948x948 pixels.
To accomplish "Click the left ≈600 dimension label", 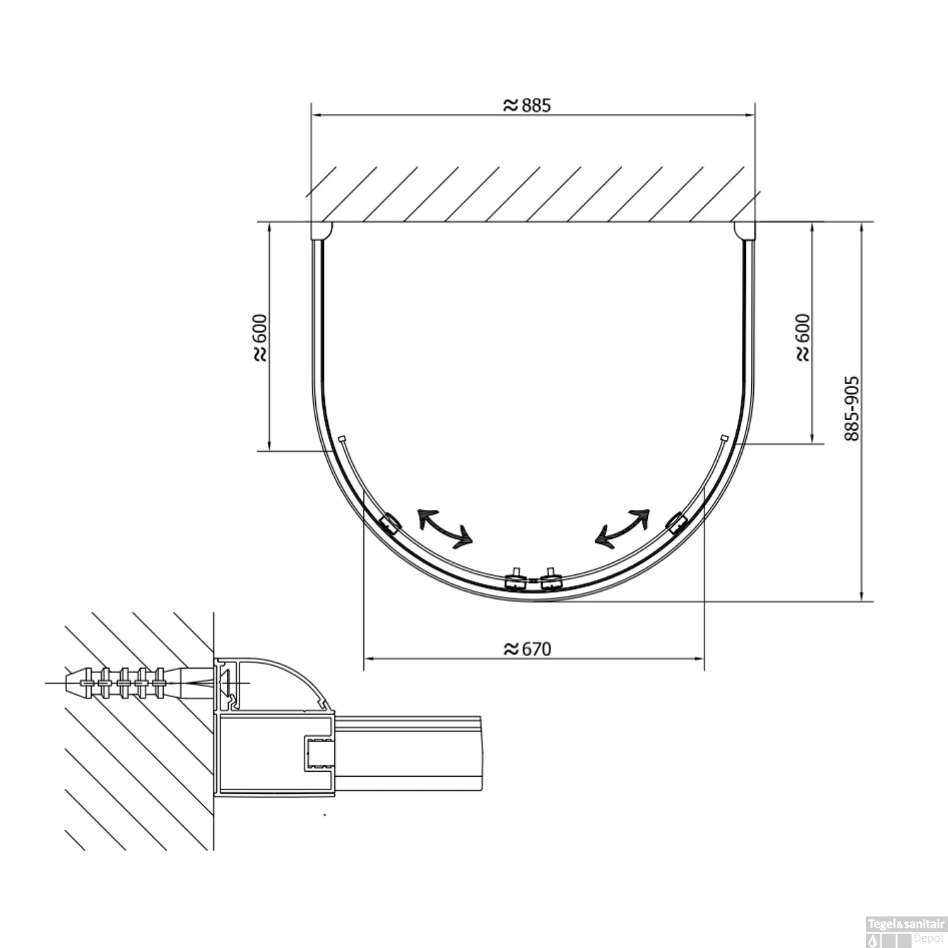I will pyautogui.click(x=260, y=337).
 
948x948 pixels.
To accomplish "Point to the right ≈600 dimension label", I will pyautogui.click(x=802, y=337).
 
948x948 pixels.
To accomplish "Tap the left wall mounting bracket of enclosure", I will pyautogui.click(x=320, y=231).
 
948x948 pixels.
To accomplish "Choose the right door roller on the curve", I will pyautogui.click(x=676, y=522).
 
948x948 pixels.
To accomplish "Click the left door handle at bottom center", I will pyautogui.click(x=516, y=579).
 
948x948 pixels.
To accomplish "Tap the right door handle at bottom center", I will pyautogui.click(x=550, y=579).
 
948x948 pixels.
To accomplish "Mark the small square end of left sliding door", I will pyautogui.click(x=341, y=438).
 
